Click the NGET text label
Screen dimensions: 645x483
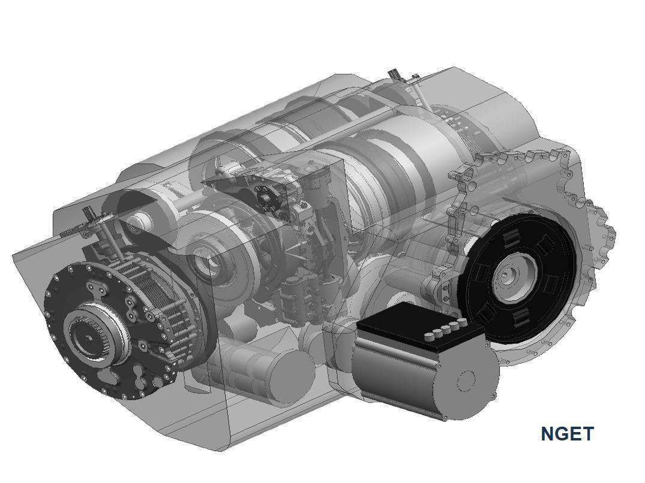[x=567, y=434]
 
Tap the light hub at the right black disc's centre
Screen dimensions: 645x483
[x=516, y=274]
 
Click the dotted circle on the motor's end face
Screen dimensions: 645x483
[x=467, y=381]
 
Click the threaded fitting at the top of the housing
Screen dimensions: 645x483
[x=395, y=76]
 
